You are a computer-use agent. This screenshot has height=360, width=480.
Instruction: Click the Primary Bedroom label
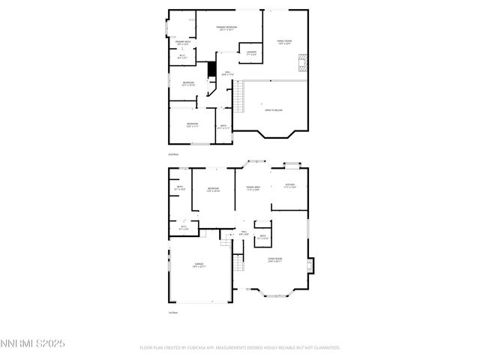[x=226, y=28]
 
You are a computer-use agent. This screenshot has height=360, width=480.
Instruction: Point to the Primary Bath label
[x=183, y=43]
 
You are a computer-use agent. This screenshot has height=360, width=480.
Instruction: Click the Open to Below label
[x=273, y=110]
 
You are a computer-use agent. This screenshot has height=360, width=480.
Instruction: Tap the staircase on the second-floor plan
[x=238, y=97]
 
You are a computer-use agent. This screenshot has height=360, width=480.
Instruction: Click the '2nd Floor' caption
[x=173, y=154]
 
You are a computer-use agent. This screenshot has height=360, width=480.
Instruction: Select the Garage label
[x=199, y=265]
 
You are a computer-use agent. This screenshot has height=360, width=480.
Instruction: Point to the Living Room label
[x=274, y=260]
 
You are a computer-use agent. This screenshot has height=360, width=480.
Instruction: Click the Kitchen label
[x=289, y=186]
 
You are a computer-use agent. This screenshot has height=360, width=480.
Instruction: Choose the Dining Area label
[x=253, y=188]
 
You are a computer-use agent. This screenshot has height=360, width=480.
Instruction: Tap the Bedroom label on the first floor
[x=213, y=189]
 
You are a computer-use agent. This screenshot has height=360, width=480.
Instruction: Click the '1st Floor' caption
[x=173, y=313]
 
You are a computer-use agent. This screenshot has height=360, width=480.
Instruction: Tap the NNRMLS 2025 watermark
[x=34, y=343]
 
